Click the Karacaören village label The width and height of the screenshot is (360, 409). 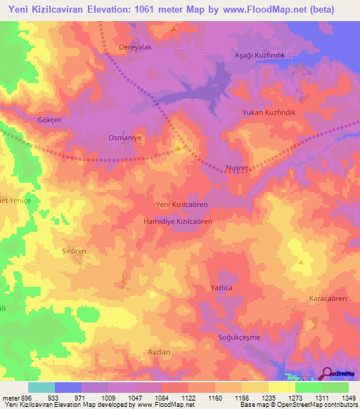pos(328,299)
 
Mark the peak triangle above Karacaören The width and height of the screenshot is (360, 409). pos(301,261)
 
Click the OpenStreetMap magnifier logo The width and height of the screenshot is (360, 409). pos(328,372)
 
